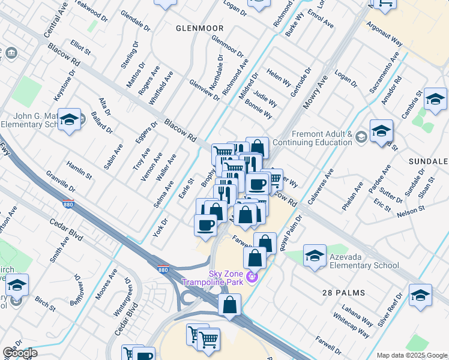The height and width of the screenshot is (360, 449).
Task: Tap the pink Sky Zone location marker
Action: coord(252,276)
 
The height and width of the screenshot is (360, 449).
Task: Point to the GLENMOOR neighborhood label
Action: coord(199,28)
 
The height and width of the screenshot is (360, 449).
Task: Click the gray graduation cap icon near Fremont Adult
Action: coord(360,137)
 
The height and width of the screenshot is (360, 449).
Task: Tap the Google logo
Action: coord(20,353)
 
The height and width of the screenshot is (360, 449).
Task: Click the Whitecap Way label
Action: coord(355,328)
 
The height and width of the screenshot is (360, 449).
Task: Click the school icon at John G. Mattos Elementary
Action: coord(70,119)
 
